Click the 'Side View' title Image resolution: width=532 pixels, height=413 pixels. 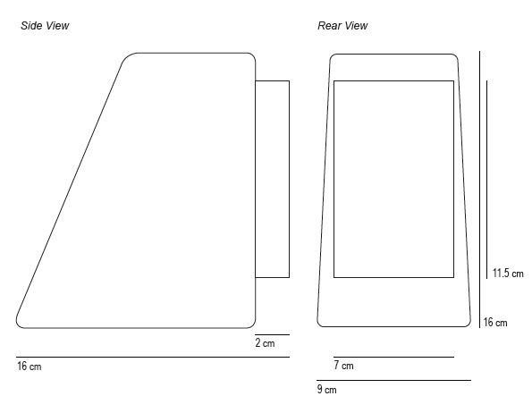point(45,26)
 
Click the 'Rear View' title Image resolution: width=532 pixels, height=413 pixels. point(342,26)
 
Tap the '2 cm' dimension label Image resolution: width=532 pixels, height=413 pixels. point(265,342)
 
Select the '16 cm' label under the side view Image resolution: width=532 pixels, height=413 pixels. point(30,367)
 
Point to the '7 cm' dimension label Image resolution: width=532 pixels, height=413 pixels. point(343,366)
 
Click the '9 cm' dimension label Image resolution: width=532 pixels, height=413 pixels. point(327,389)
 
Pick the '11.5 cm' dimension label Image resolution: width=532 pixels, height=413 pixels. point(508,273)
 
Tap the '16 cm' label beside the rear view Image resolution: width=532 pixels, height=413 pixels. point(495,322)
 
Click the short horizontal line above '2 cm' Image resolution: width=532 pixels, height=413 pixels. point(272,334)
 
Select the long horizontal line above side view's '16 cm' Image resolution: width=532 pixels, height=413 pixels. point(153,357)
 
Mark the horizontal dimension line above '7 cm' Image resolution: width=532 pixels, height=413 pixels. point(393,357)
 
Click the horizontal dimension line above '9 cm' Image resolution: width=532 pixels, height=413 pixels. point(393,381)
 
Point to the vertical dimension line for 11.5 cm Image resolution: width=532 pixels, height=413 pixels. point(487,180)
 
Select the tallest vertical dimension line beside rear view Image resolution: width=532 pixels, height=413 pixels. point(480,190)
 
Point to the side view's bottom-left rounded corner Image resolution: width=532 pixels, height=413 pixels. point(18,324)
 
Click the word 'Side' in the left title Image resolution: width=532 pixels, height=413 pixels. point(31,26)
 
